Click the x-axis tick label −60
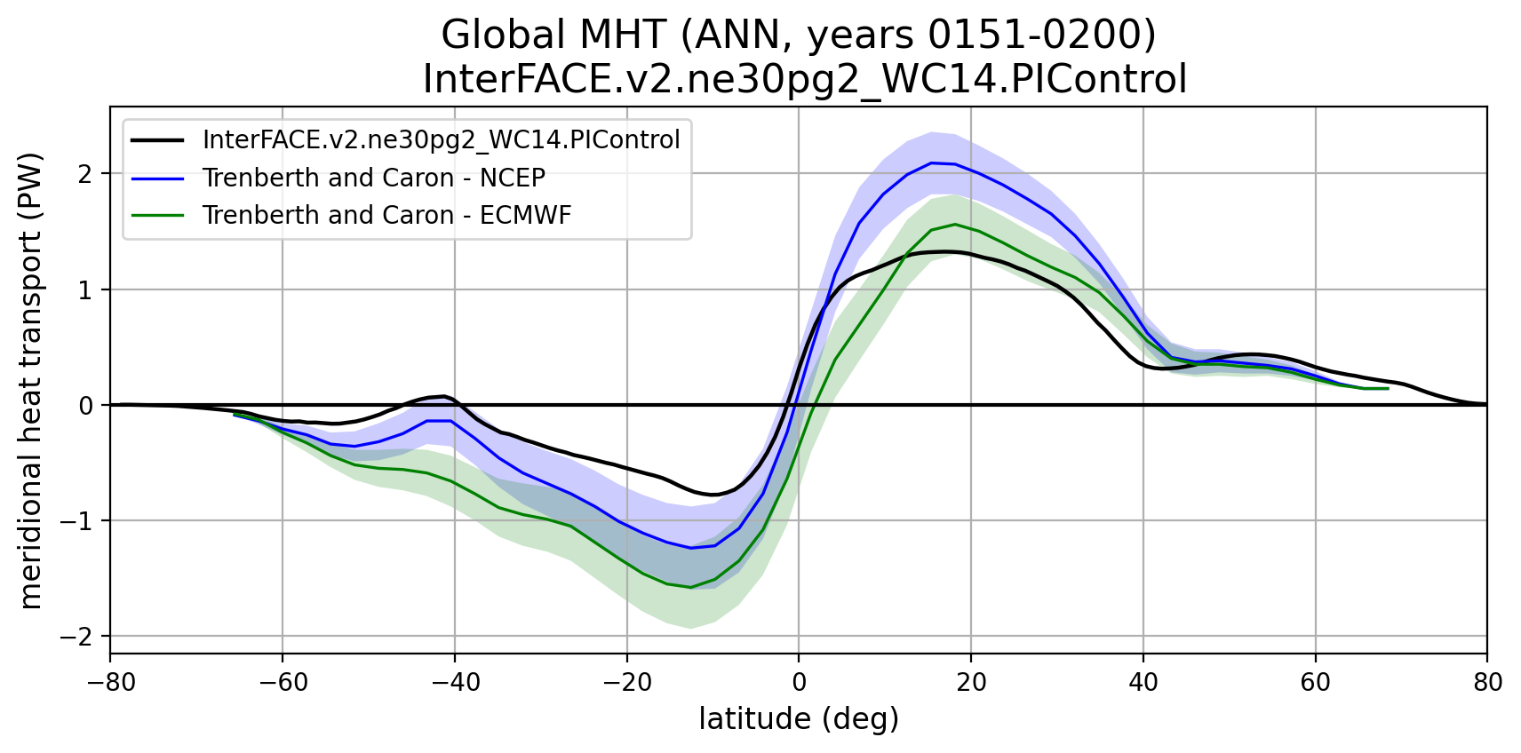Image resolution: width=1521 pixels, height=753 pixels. coord(282,682)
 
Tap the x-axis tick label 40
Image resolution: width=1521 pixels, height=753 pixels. coord(1143,682)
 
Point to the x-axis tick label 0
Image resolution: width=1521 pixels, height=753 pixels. coord(799,682)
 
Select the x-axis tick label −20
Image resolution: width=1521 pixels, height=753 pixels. coord(626,682)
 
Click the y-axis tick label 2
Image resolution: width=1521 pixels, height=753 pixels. coord(85,174)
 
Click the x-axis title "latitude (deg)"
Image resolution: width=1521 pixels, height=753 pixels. coord(799,719)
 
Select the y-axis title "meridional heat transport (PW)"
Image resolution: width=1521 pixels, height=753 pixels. coord(30,382)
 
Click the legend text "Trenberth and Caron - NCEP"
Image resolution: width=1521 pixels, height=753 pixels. coord(373,178)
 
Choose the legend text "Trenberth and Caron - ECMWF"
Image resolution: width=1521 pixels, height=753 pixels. coord(386,216)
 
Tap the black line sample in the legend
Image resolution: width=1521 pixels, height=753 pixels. coord(157,140)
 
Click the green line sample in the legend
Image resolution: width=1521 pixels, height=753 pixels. coord(157,216)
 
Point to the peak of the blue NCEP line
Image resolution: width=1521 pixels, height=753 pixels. coord(931,162)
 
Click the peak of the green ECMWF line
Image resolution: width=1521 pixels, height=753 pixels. coord(955,224)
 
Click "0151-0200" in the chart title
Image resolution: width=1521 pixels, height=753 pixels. coord(1041,36)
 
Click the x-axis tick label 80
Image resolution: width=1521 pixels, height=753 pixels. coord(1487,682)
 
